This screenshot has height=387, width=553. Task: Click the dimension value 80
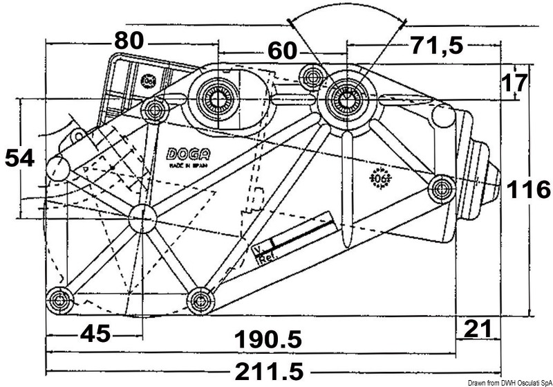[x=129, y=41]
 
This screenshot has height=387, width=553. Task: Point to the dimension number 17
[x=513, y=84]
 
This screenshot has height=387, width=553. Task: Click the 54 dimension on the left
[x=19, y=159]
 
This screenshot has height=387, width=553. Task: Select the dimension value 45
[x=95, y=334]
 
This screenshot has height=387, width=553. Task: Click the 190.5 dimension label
[x=268, y=339]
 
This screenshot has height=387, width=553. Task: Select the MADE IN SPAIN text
[x=185, y=167]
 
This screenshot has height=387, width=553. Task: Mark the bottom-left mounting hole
[x=59, y=299]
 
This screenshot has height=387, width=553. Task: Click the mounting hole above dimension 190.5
[x=201, y=299]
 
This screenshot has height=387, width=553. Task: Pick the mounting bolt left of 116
[x=441, y=188]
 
